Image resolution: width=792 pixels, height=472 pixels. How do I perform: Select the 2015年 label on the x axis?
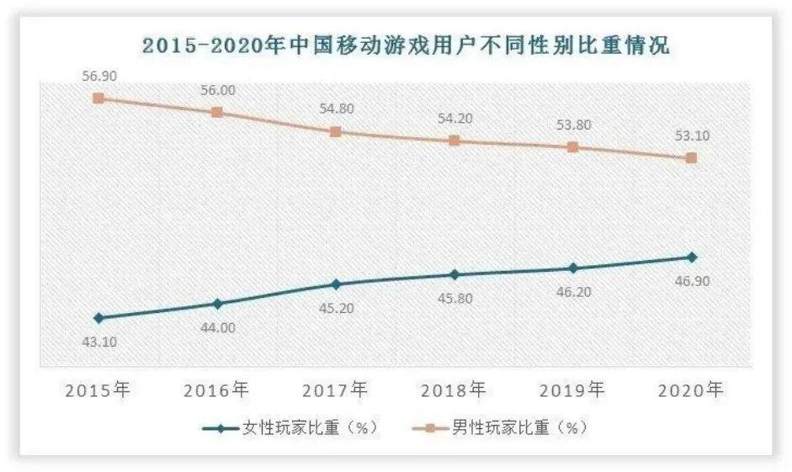click(x=98, y=390)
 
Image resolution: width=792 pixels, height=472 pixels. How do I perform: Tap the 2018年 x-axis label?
click(x=454, y=390)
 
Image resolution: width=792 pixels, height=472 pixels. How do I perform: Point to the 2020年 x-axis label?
click(x=690, y=390)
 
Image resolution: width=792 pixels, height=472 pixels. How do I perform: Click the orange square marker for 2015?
click(x=98, y=98)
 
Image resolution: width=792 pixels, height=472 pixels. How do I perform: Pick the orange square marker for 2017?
click(x=335, y=132)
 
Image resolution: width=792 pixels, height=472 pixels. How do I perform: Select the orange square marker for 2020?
click(x=690, y=158)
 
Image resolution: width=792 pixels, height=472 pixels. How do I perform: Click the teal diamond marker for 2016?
click(x=217, y=304)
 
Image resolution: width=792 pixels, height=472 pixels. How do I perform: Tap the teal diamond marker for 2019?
click(x=572, y=268)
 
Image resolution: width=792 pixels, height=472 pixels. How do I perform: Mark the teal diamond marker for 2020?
click(x=690, y=257)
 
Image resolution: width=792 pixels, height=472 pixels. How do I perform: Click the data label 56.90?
click(x=98, y=77)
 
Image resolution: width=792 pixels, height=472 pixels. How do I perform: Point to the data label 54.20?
click(x=454, y=119)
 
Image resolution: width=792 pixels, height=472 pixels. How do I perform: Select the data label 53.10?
click(x=690, y=136)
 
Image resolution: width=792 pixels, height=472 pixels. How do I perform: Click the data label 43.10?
click(x=98, y=342)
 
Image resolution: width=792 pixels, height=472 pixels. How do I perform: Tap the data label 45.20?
click(x=335, y=308)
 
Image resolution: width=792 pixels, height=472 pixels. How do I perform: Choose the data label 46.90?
click(x=690, y=281)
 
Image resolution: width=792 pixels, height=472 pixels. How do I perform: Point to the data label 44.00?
click(x=217, y=327)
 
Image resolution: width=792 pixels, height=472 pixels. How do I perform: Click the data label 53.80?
click(x=572, y=125)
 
